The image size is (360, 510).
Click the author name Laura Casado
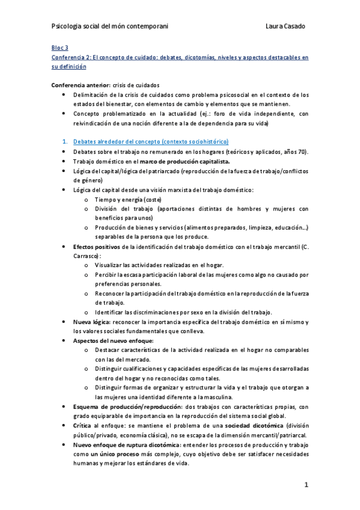(x=286, y=26)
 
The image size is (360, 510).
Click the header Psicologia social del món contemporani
(x=110, y=26)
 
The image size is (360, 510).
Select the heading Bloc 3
(x=59, y=47)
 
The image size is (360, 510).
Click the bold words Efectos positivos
(x=96, y=247)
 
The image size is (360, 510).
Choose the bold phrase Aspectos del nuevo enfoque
(x=112, y=341)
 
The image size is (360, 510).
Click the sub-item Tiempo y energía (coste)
(x=128, y=199)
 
